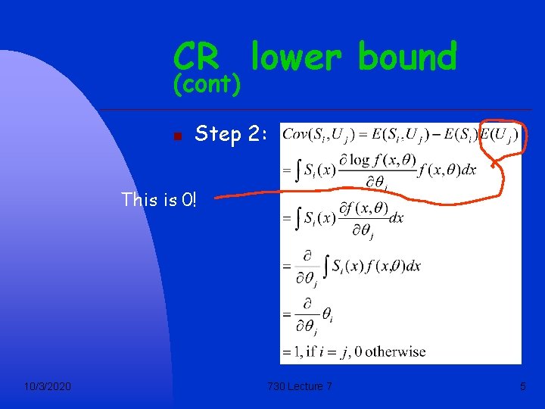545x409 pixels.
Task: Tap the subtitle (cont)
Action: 207,85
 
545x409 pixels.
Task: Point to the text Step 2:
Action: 230,135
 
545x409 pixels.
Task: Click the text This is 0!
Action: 159,200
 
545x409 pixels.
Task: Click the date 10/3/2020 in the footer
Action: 48,387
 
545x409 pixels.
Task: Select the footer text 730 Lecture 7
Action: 299,387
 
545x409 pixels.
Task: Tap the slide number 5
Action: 522,387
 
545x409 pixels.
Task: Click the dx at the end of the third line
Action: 395,217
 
